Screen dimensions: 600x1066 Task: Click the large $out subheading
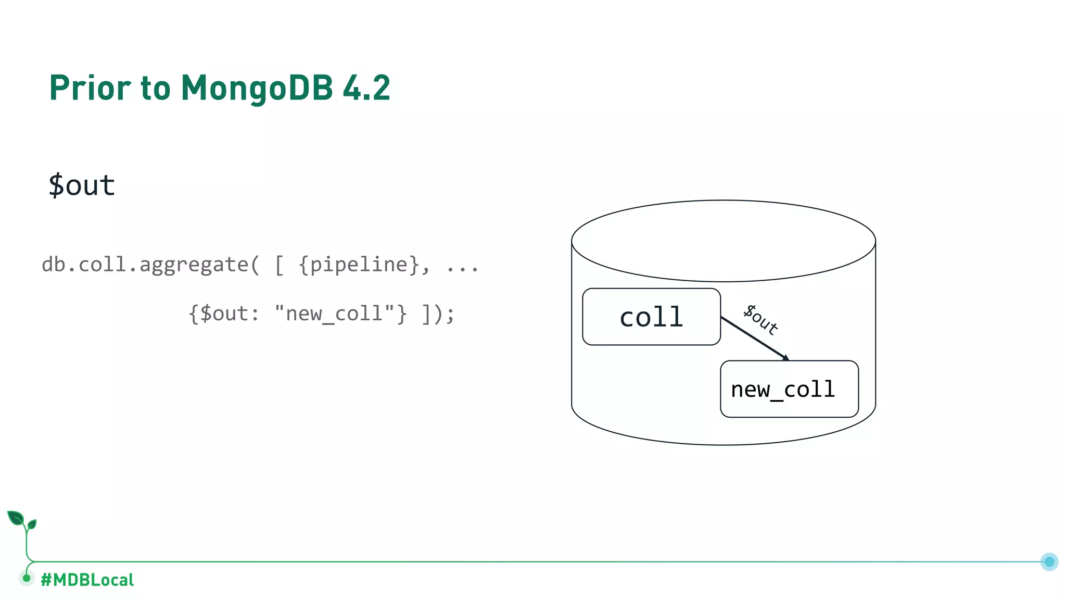[82, 185]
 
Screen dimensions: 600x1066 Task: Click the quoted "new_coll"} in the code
[340, 314]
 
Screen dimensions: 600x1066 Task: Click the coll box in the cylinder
[651, 317]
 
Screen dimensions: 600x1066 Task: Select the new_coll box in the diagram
[789, 389]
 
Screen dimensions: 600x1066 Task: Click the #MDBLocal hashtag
[87, 580]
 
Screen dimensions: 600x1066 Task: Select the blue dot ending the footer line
[1049, 561]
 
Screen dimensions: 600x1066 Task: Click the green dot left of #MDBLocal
[27, 578]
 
